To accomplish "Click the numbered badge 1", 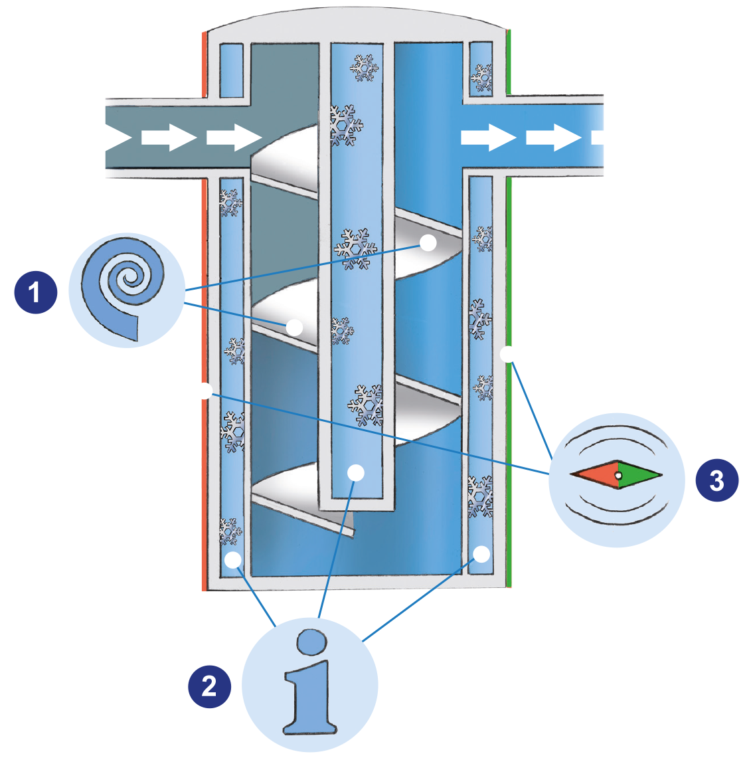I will (x=35, y=292).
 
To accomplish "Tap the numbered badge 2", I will (x=209, y=686).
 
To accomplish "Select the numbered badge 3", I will (x=716, y=480).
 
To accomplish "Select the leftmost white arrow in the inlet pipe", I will (x=103, y=138).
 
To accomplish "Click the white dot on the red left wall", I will (x=204, y=391).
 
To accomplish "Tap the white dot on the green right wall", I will (x=509, y=354).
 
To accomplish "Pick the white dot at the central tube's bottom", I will (x=356, y=472).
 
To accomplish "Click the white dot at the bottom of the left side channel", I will (x=232, y=559).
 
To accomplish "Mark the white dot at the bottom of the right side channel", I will (x=482, y=553).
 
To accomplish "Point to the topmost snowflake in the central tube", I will (x=363, y=68).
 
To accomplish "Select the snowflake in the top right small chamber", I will (x=482, y=77).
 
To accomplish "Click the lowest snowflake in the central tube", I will (x=366, y=405).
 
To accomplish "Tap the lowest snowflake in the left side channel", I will (x=230, y=531).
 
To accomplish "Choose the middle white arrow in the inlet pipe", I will (x=169, y=138).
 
